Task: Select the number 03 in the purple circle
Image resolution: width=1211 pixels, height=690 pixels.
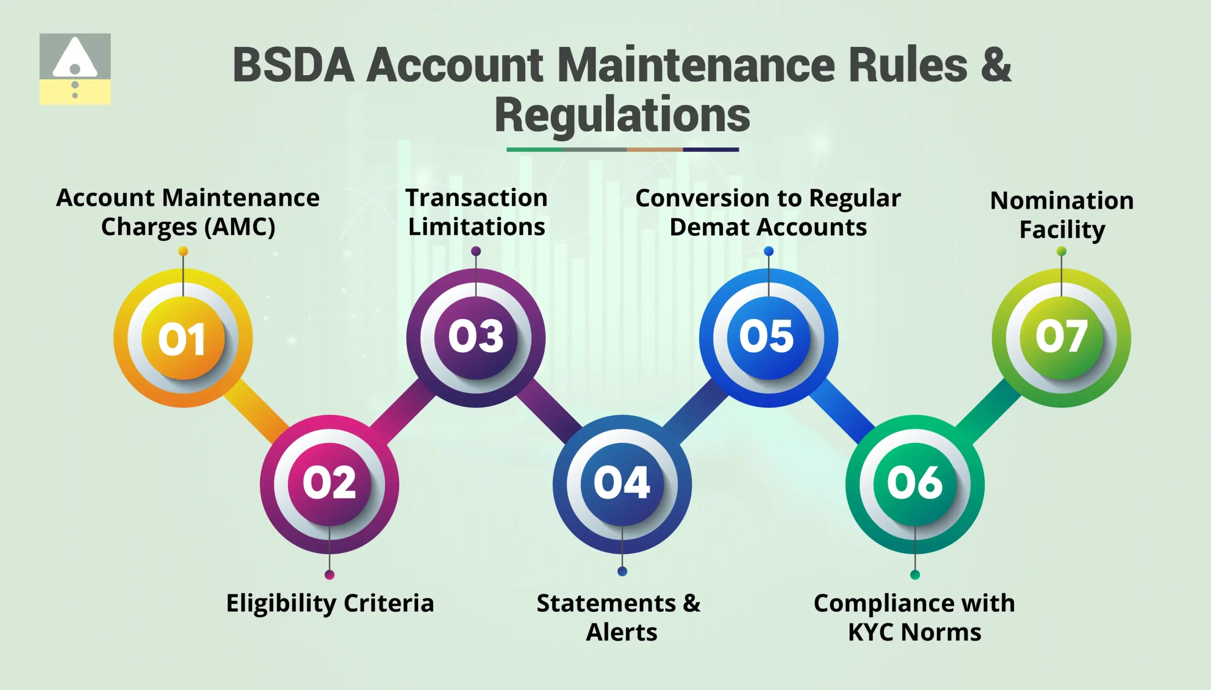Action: click(475, 336)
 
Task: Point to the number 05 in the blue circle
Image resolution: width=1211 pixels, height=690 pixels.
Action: click(767, 336)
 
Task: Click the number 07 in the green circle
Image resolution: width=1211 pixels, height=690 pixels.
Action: click(1061, 336)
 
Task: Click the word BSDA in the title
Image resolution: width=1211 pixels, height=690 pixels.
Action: click(293, 65)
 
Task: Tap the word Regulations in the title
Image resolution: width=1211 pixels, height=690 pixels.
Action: click(623, 115)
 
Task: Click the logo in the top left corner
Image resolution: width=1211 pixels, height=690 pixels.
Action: click(75, 69)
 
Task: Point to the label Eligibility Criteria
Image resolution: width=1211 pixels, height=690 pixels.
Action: click(330, 603)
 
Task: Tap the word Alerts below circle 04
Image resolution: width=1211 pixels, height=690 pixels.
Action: click(622, 632)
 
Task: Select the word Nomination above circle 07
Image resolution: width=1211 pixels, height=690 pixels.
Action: click(1062, 201)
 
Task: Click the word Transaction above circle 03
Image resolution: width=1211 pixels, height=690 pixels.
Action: click(476, 198)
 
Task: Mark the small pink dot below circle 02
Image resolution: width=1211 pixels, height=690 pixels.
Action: click(330, 575)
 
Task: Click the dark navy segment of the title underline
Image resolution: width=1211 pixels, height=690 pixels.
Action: click(711, 150)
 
